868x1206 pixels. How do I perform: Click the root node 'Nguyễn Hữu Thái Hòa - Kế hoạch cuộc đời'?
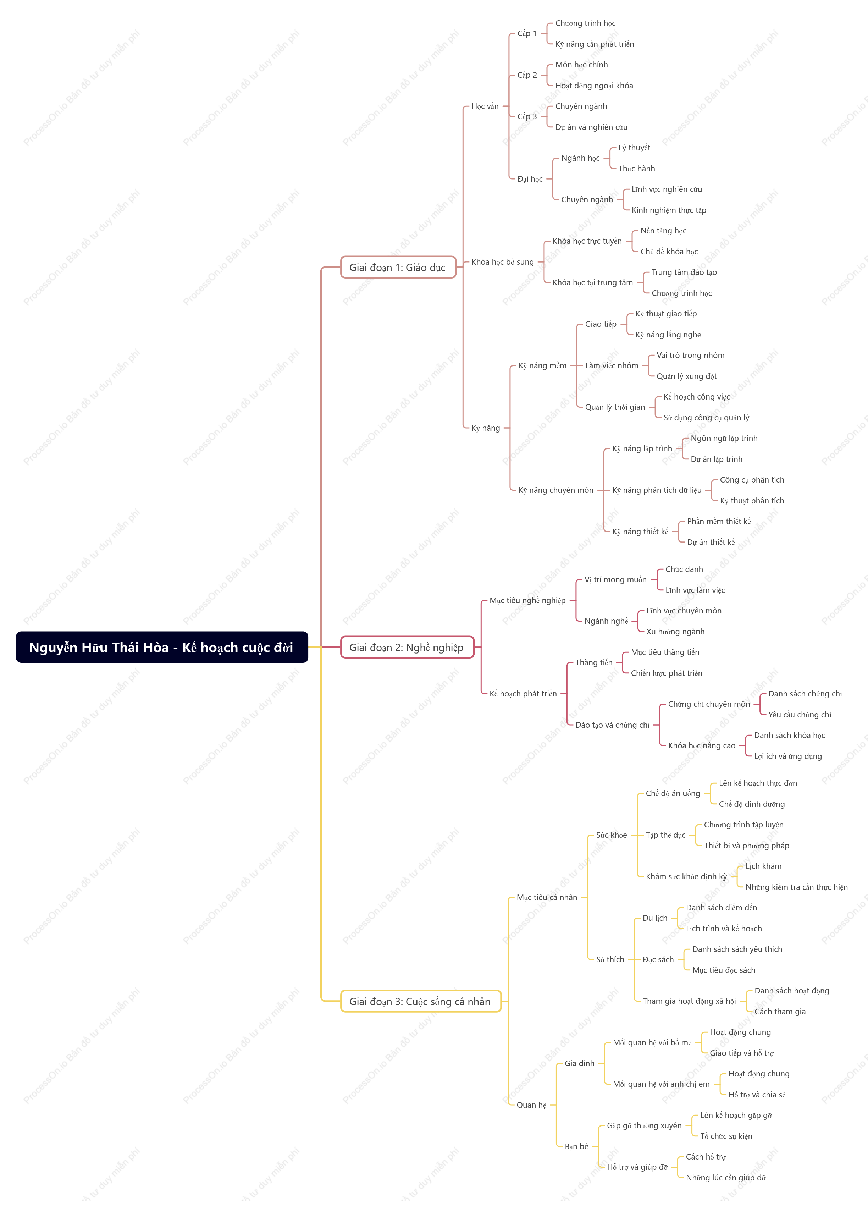click(x=162, y=647)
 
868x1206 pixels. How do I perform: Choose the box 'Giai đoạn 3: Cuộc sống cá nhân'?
click(x=420, y=1001)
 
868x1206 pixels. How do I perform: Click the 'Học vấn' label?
click(x=485, y=106)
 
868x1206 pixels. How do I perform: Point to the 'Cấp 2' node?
click(x=527, y=75)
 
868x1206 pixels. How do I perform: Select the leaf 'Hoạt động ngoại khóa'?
click(x=594, y=86)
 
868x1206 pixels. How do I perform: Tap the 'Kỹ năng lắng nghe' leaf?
click(x=668, y=335)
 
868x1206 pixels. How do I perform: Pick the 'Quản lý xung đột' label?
click(x=687, y=376)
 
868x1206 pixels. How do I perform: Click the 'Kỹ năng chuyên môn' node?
click(x=556, y=490)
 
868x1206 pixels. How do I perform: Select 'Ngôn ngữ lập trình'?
click(x=724, y=439)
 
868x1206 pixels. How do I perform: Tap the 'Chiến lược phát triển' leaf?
click(x=667, y=673)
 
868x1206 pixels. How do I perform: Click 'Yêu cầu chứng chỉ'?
click(x=800, y=715)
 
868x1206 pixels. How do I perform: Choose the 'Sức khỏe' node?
click(x=611, y=835)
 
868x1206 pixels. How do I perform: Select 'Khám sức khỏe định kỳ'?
click(x=686, y=877)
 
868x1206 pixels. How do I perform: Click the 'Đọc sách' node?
click(x=658, y=960)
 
